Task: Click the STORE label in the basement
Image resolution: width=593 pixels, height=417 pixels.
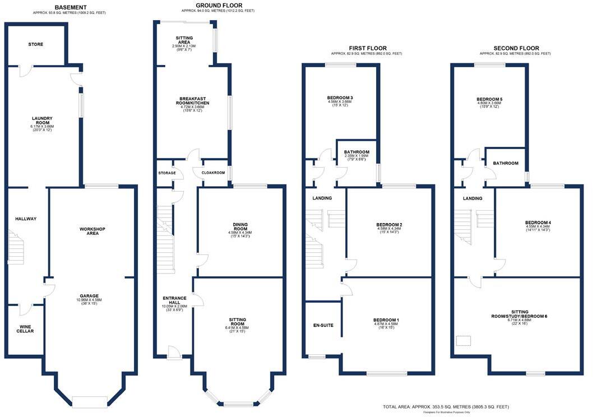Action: click(x=35, y=44)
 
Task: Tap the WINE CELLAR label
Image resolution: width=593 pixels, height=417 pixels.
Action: click(x=25, y=328)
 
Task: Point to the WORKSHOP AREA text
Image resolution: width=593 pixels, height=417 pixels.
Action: click(x=92, y=231)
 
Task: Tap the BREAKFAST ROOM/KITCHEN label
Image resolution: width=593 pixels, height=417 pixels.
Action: click(x=192, y=104)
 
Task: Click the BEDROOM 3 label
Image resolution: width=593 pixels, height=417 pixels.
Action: click(x=340, y=100)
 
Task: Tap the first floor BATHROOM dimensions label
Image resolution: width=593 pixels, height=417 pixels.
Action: click(x=356, y=159)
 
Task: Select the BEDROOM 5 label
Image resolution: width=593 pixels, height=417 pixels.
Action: click(x=489, y=101)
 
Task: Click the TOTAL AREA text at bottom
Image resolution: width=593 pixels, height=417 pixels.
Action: click(x=446, y=406)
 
